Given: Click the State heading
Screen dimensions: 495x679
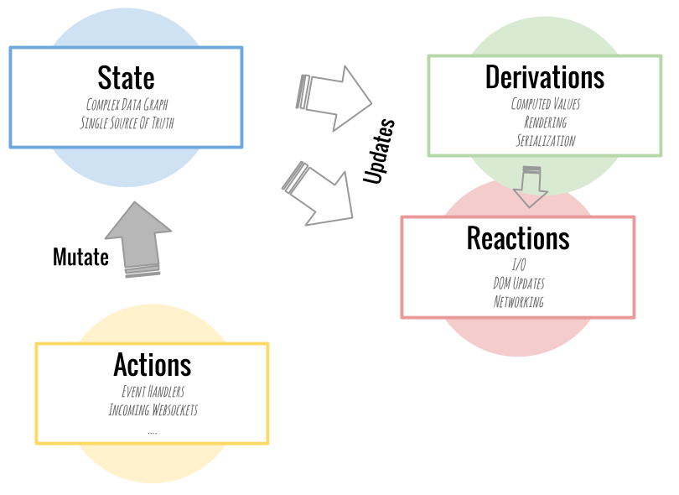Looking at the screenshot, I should click(x=126, y=78).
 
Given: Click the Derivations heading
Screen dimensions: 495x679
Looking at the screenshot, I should click(x=545, y=77).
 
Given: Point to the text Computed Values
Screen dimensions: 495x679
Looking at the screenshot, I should click(x=545, y=104).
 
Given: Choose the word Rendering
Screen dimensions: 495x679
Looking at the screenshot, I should click(x=545, y=122).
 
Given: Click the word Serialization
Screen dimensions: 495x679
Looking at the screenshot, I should click(x=545, y=141).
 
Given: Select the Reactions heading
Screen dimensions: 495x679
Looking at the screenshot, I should click(x=518, y=238).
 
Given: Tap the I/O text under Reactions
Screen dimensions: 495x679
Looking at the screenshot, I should click(x=518, y=265).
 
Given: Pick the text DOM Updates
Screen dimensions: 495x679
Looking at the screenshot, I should click(x=518, y=284).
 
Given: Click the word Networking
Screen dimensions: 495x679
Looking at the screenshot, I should click(x=518, y=302).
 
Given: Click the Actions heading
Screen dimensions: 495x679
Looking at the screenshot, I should click(x=152, y=365).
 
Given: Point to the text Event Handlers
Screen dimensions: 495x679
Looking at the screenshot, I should click(x=152, y=392).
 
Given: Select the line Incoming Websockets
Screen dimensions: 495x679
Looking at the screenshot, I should click(x=152, y=410).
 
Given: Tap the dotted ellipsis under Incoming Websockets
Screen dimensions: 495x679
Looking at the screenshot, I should click(x=152, y=431).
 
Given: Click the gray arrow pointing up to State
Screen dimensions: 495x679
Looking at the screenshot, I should click(x=138, y=238).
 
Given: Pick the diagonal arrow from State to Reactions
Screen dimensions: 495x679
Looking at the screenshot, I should click(x=319, y=194).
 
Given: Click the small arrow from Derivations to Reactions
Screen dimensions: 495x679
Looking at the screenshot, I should click(x=530, y=186).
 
